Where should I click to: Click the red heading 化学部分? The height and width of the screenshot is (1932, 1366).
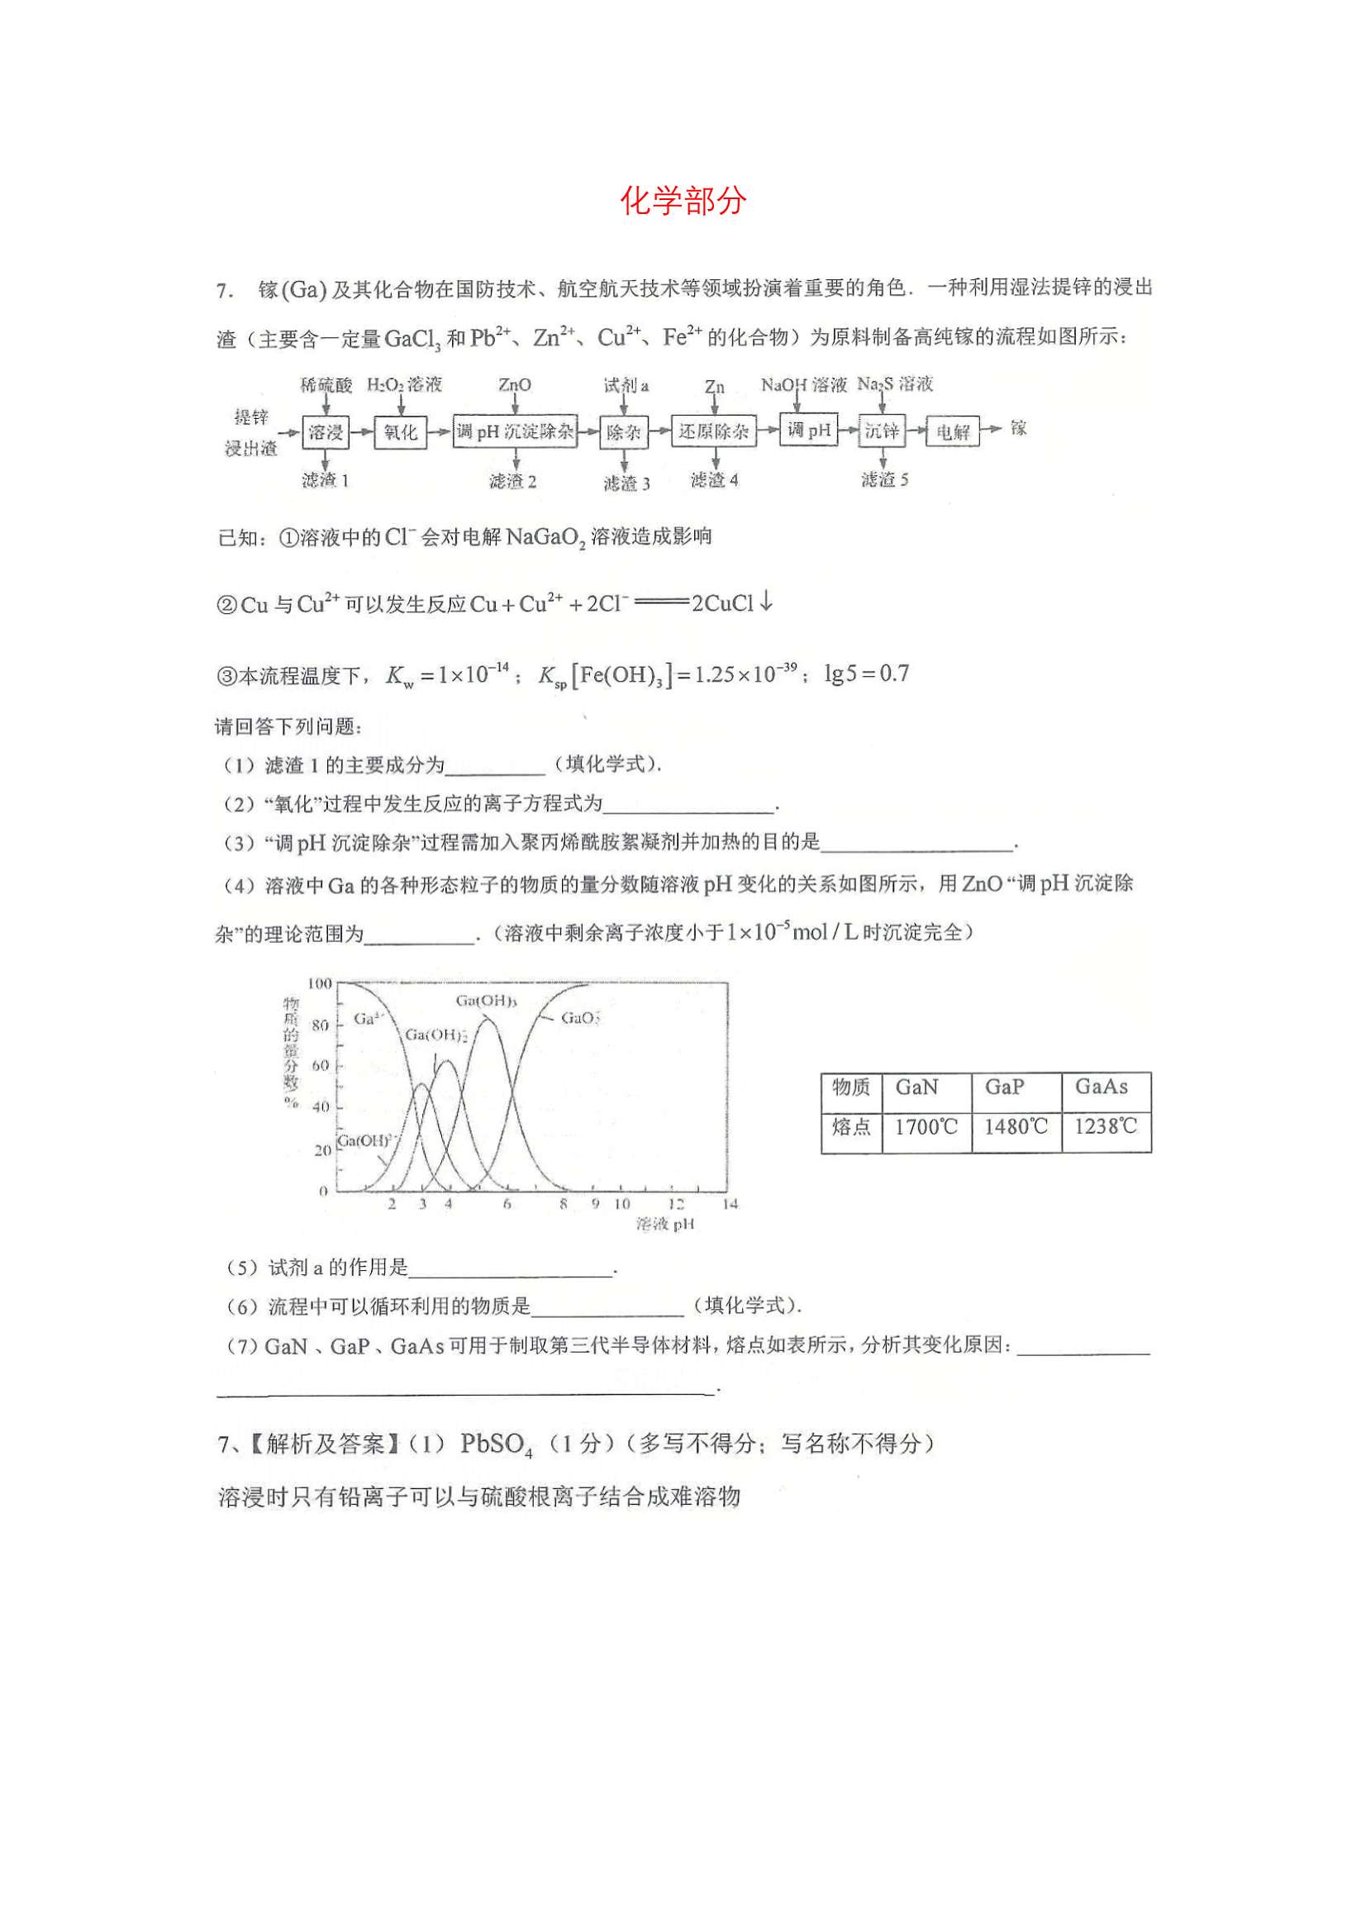683,200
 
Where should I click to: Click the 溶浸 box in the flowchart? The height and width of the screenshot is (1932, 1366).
325,431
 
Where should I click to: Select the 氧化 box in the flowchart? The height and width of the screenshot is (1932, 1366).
400,431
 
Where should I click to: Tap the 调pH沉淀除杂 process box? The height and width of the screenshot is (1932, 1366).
515,431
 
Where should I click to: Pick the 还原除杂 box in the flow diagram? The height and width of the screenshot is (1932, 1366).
714,431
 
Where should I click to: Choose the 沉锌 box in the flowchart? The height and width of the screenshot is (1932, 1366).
882,431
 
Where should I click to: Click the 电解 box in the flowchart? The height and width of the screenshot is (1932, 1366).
953,431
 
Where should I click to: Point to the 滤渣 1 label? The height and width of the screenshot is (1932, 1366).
325,480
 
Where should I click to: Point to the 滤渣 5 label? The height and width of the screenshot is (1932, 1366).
884,479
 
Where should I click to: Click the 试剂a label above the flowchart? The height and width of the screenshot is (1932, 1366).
626,385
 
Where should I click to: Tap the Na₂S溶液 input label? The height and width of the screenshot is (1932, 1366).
895,384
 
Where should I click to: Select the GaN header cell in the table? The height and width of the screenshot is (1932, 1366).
916,1088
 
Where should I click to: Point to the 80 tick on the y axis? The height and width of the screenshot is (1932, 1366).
321,1025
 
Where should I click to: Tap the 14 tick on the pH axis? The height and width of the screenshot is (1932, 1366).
730,1204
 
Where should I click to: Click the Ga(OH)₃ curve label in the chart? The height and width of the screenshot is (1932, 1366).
487,1001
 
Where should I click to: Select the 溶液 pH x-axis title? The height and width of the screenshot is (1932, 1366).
665,1225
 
